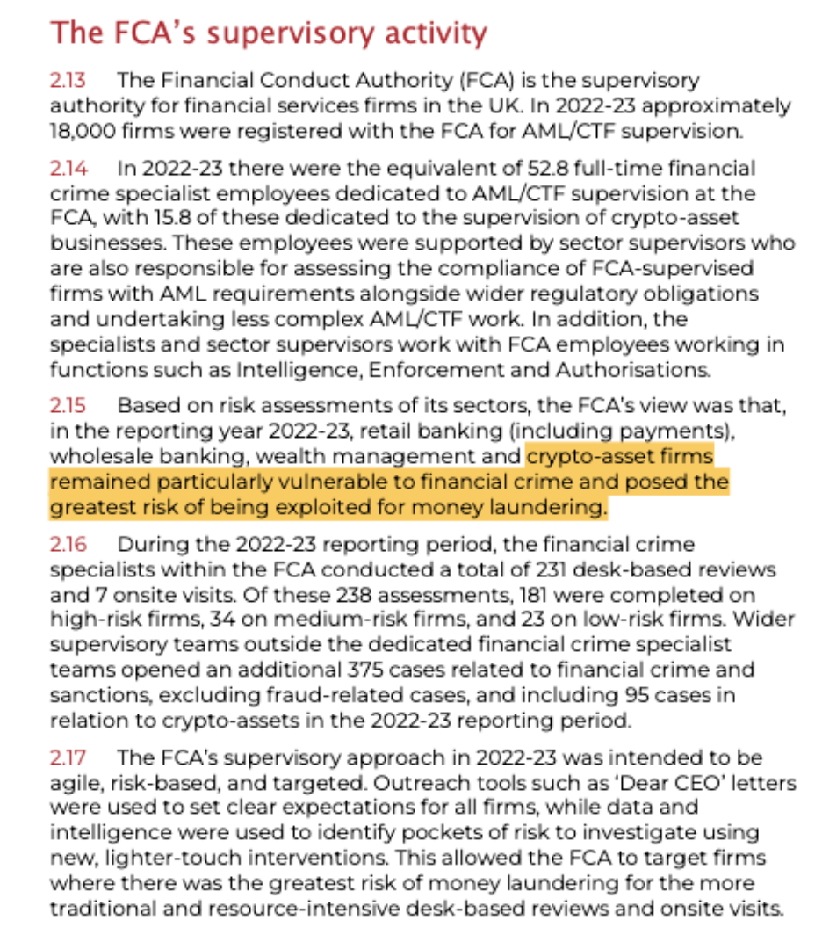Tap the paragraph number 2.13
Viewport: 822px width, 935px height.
(68, 81)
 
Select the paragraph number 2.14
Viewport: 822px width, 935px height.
(68, 168)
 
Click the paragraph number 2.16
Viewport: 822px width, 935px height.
(68, 545)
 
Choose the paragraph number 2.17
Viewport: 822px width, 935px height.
(68, 757)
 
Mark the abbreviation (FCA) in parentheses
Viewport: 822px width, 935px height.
(485, 81)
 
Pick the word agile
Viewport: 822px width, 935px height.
(73, 783)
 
